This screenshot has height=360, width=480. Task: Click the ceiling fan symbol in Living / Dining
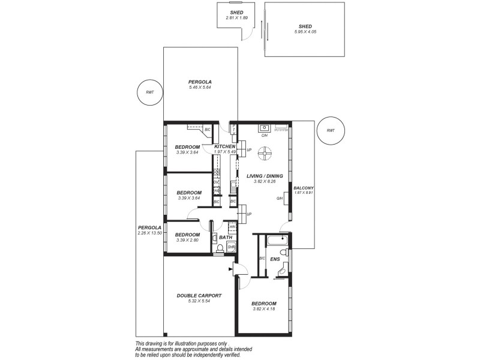click(x=263, y=154)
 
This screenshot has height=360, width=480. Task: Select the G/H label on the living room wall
click(x=280, y=199)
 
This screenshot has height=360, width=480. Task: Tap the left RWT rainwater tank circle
click(x=149, y=92)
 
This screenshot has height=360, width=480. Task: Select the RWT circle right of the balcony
click(x=331, y=130)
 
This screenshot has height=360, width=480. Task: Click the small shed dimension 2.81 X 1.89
click(x=236, y=18)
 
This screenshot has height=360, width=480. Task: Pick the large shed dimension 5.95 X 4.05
click(x=305, y=32)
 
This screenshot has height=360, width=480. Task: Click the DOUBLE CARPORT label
click(x=199, y=295)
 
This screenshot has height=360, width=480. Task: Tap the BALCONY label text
click(x=304, y=188)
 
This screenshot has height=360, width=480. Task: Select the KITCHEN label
click(x=224, y=146)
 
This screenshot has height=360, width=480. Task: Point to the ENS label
click(x=275, y=259)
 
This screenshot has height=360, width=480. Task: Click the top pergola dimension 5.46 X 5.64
click(x=200, y=88)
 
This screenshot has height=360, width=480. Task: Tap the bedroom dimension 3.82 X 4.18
click(x=264, y=309)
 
